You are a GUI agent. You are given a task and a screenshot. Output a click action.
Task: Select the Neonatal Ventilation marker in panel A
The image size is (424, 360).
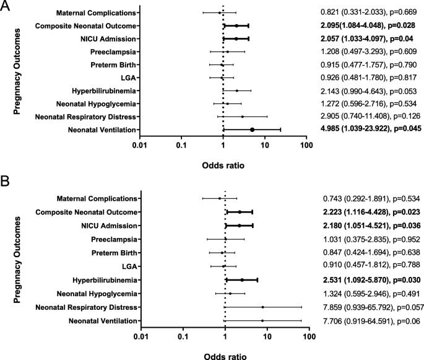(x=252, y=130)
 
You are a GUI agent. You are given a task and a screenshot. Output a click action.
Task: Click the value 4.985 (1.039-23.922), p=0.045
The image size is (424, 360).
(x=371, y=129)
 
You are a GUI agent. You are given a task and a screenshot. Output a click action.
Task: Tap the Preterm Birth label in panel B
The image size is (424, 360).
(x=116, y=252)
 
